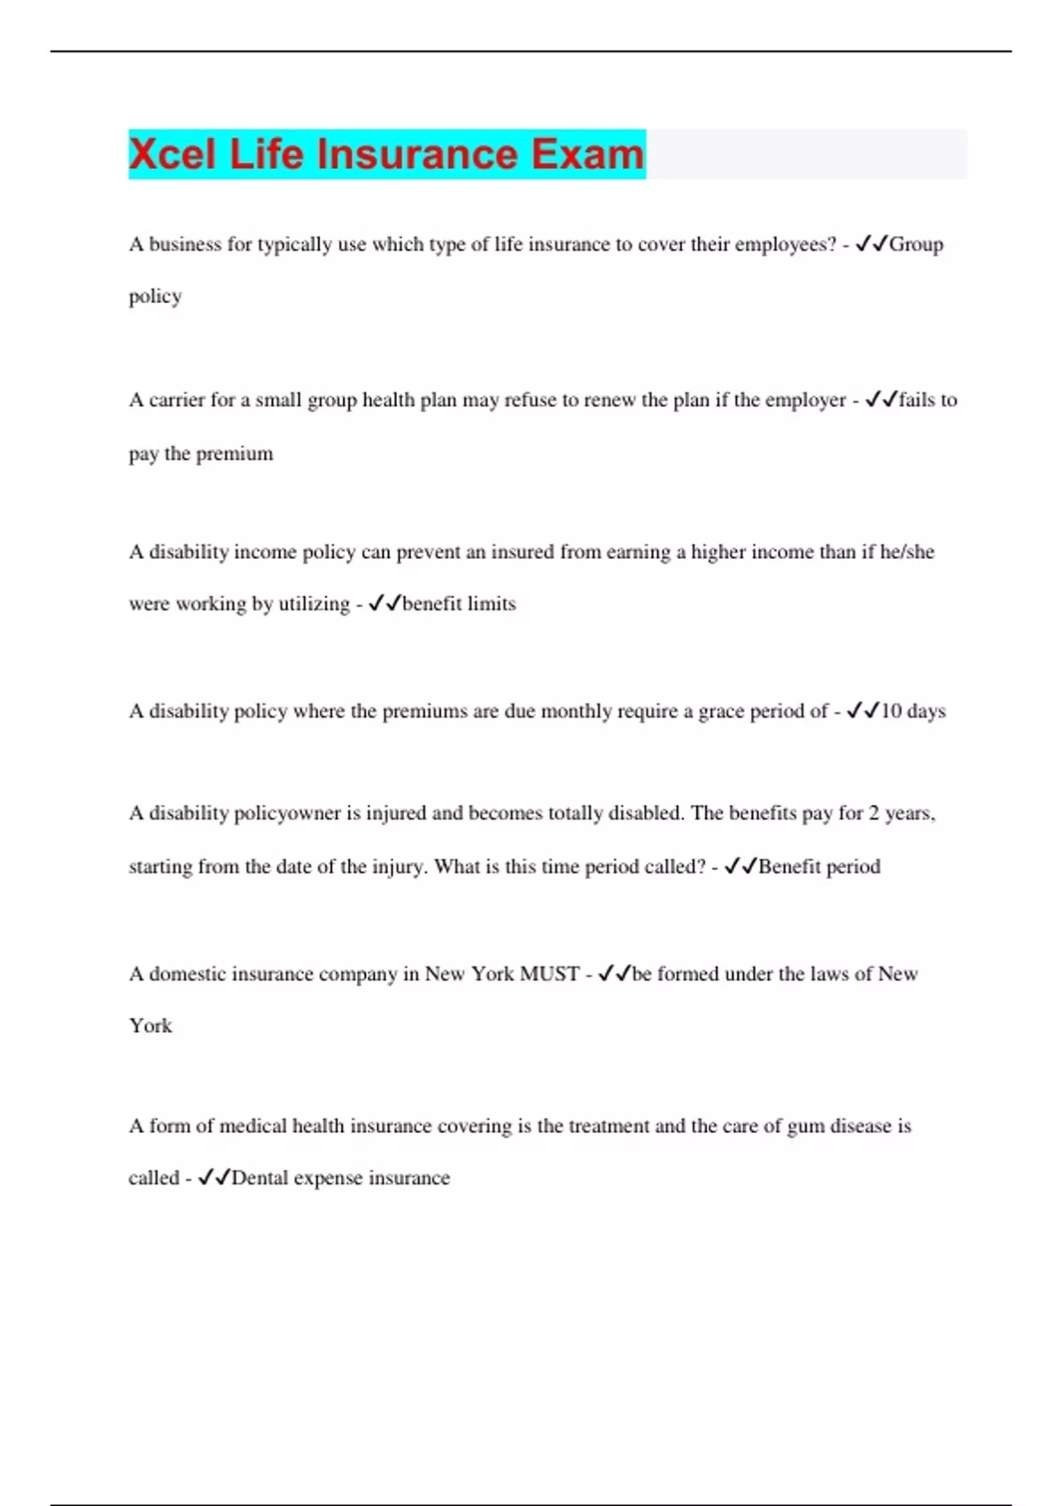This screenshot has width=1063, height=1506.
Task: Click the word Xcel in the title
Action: coord(173,154)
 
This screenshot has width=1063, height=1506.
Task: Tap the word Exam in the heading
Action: coord(587,154)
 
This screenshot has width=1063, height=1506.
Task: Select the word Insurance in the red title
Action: coord(417,154)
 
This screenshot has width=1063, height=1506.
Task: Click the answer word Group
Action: coord(916,245)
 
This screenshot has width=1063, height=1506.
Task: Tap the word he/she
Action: coord(907,552)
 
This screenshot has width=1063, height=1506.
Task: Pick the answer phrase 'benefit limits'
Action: coord(459,604)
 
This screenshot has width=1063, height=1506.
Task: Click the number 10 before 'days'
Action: coord(891,711)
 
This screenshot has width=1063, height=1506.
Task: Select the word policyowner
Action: coord(287,813)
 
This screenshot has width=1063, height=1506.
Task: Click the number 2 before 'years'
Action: coord(873,813)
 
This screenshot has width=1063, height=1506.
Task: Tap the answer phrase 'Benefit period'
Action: coord(819,866)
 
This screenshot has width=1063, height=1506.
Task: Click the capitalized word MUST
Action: coord(549,974)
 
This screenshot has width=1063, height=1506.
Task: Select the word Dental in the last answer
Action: coord(260,1178)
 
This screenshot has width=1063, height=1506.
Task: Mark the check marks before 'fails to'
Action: coord(881,400)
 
